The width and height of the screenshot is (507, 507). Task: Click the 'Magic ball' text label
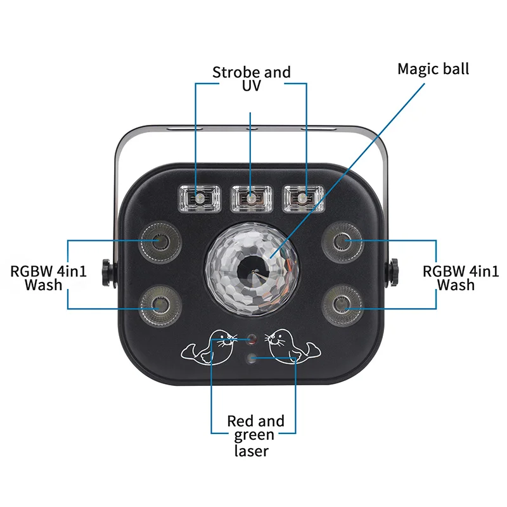433,68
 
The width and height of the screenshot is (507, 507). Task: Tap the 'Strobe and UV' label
251,79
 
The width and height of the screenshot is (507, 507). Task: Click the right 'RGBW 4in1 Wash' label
461,278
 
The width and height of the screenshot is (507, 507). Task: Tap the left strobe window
199,198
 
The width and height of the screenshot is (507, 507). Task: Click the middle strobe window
251,198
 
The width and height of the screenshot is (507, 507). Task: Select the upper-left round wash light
156,240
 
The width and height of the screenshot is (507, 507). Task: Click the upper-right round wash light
342,240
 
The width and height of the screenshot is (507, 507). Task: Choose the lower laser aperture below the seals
252,359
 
